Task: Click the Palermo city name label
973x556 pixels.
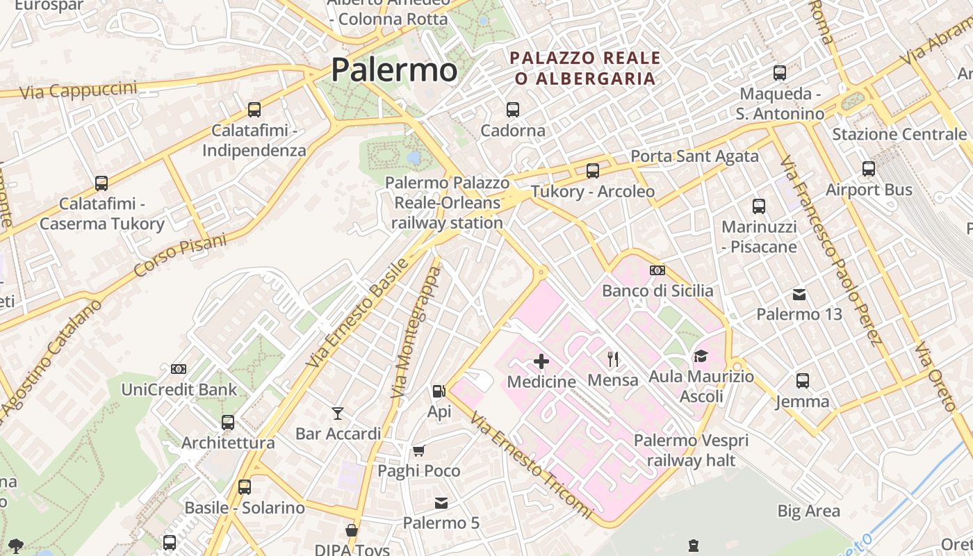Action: (x=393, y=70)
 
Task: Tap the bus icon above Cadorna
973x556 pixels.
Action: (x=513, y=109)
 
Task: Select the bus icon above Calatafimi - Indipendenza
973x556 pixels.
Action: (x=254, y=109)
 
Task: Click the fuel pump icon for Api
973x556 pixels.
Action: (x=439, y=391)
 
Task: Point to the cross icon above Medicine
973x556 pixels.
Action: (x=541, y=361)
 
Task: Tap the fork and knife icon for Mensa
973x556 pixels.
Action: (x=613, y=359)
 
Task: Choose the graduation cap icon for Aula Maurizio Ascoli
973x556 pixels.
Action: (x=701, y=357)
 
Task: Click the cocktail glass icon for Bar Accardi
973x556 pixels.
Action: (x=338, y=414)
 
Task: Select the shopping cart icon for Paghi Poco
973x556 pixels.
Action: (x=418, y=451)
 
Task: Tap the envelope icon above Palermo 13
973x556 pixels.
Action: (x=799, y=295)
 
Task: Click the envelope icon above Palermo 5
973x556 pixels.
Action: (x=441, y=503)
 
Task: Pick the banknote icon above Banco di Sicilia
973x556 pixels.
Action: (x=657, y=270)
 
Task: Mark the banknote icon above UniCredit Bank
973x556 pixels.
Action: (x=179, y=369)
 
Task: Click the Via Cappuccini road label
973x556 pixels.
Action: (x=78, y=90)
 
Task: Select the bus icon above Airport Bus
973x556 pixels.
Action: (x=869, y=168)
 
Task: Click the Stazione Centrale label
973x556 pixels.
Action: (x=899, y=134)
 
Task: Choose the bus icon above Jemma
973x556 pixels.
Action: (x=803, y=380)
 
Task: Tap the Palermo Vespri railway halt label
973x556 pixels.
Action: (x=691, y=450)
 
